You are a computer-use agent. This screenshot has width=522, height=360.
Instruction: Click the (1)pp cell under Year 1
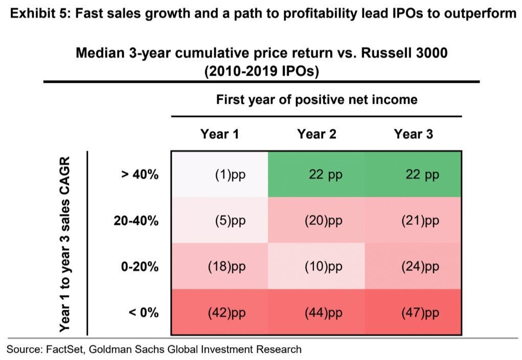click(x=220, y=174)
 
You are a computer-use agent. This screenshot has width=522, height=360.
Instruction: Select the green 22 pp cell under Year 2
click(x=316, y=174)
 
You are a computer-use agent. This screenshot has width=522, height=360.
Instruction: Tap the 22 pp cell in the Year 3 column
click(x=413, y=174)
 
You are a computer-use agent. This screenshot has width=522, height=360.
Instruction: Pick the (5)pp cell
click(x=220, y=220)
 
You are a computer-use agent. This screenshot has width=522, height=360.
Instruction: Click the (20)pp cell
click(x=316, y=220)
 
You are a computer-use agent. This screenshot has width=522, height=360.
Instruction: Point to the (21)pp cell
click(x=413, y=220)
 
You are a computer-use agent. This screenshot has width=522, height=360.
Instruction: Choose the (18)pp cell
click(x=220, y=266)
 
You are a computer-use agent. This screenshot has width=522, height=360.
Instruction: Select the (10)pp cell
click(x=316, y=266)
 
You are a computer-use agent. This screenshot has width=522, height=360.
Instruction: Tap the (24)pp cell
click(x=413, y=266)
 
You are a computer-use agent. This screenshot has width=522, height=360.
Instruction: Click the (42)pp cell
click(x=220, y=312)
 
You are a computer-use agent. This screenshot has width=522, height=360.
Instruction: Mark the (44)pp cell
click(x=316, y=312)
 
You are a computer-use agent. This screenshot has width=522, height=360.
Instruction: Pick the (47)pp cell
click(x=413, y=312)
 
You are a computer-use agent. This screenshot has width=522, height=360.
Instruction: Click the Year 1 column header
click(x=219, y=134)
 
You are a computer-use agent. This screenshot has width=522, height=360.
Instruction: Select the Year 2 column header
click(x=316, y=134)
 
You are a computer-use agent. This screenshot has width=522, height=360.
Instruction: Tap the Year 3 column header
click(x=414, y=134)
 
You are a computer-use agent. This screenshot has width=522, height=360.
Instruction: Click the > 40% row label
click(x=140, y=174)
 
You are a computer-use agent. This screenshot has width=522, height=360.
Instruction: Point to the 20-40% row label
click(x=136, y=220)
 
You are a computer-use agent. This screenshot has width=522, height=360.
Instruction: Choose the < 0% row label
click(x=144, y=312)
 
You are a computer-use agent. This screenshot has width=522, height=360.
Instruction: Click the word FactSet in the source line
click(x=66, y=349)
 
